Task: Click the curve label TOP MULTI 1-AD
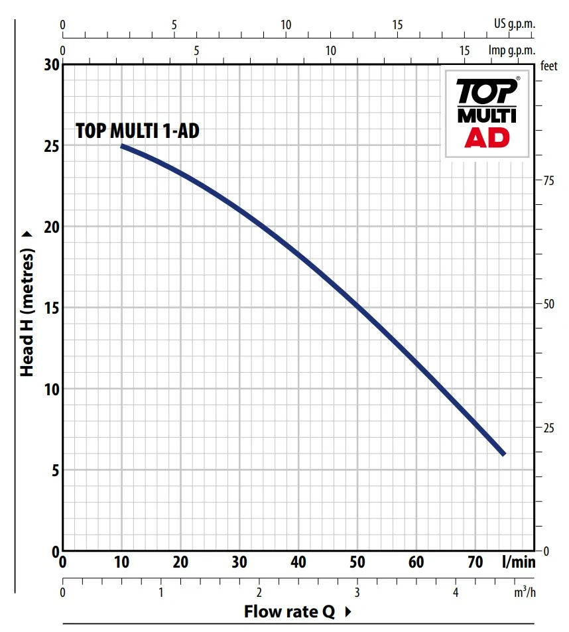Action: pos(137,131)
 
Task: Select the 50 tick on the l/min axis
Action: pos(357,562)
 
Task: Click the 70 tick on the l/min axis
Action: pos(475,562)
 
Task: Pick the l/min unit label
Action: pos(518,562)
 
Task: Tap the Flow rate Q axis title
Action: pos(289,611)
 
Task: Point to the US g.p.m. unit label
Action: pos(514,25)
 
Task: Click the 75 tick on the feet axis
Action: pos(548,181)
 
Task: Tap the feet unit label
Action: pos(548,66)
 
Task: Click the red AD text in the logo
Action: pos(487,137)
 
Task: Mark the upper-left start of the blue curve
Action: pos(122,146)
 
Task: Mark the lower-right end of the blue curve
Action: pos(503,454)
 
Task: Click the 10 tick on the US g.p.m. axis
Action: pos(286,25)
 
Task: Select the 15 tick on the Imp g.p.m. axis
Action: pos(465,50)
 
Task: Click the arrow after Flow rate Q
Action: pos(348,612)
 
